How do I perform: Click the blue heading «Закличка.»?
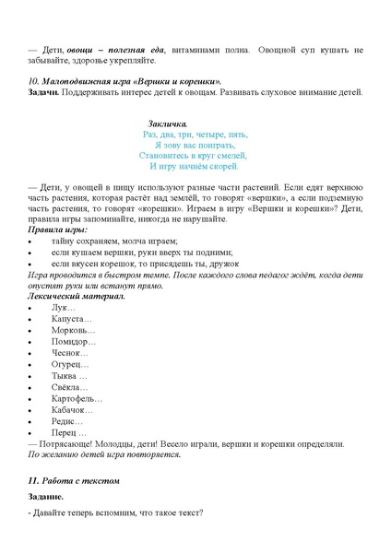[168, 124]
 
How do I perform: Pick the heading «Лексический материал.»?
[77, 297]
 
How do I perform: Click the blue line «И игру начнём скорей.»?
[195, 167]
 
